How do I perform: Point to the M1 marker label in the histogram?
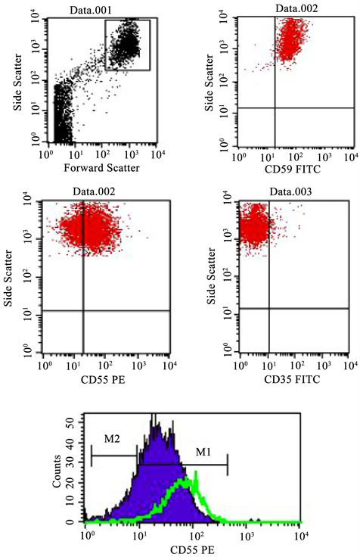(x=205, y=453)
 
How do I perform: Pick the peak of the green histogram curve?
(x=195, y=474)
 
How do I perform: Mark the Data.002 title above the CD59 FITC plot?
(x=296, y=9)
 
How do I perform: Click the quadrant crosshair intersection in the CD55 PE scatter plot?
(x=82, y=310)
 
